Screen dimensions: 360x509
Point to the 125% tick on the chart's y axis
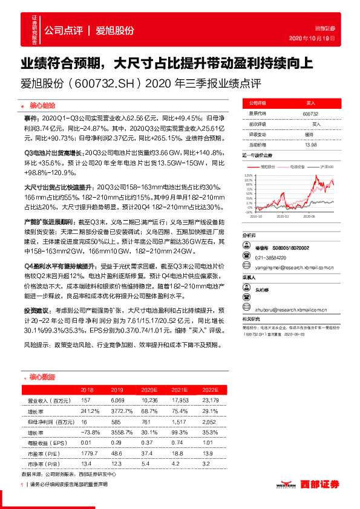(249, 175)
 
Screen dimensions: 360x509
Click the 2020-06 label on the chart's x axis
(310, 215)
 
